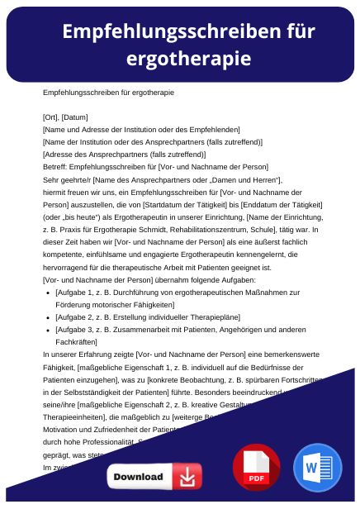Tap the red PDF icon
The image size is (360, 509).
click(x=256, y=467)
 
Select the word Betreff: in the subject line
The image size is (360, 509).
click(x=55, y=166)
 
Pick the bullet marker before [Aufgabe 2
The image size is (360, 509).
click(x=50, y=316)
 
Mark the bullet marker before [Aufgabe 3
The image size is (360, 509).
click(x=50, y=329)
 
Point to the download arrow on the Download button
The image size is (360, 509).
click(x=188, y=477)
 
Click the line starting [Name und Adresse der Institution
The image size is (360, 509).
click(x=141, y=129)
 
